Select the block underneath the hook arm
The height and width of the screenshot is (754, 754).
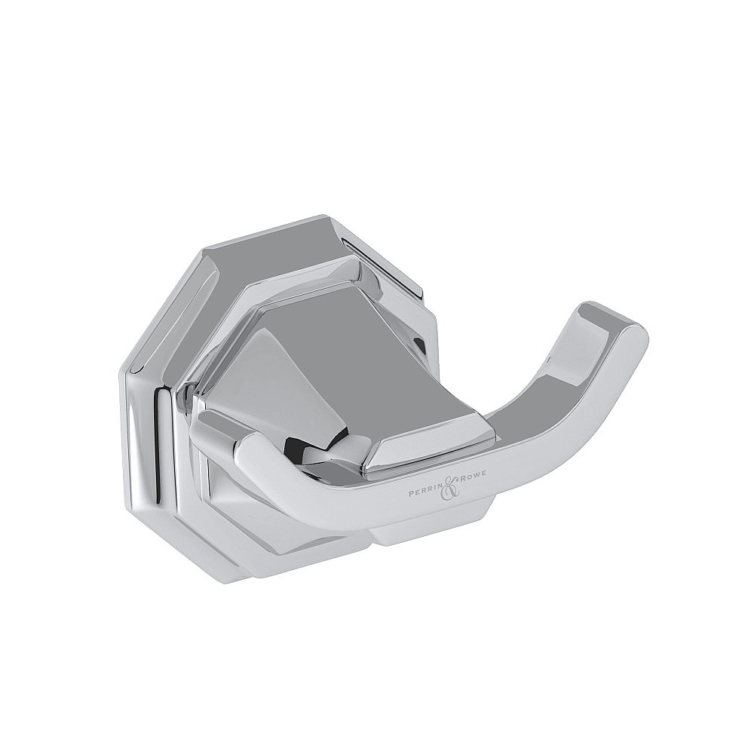422,532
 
